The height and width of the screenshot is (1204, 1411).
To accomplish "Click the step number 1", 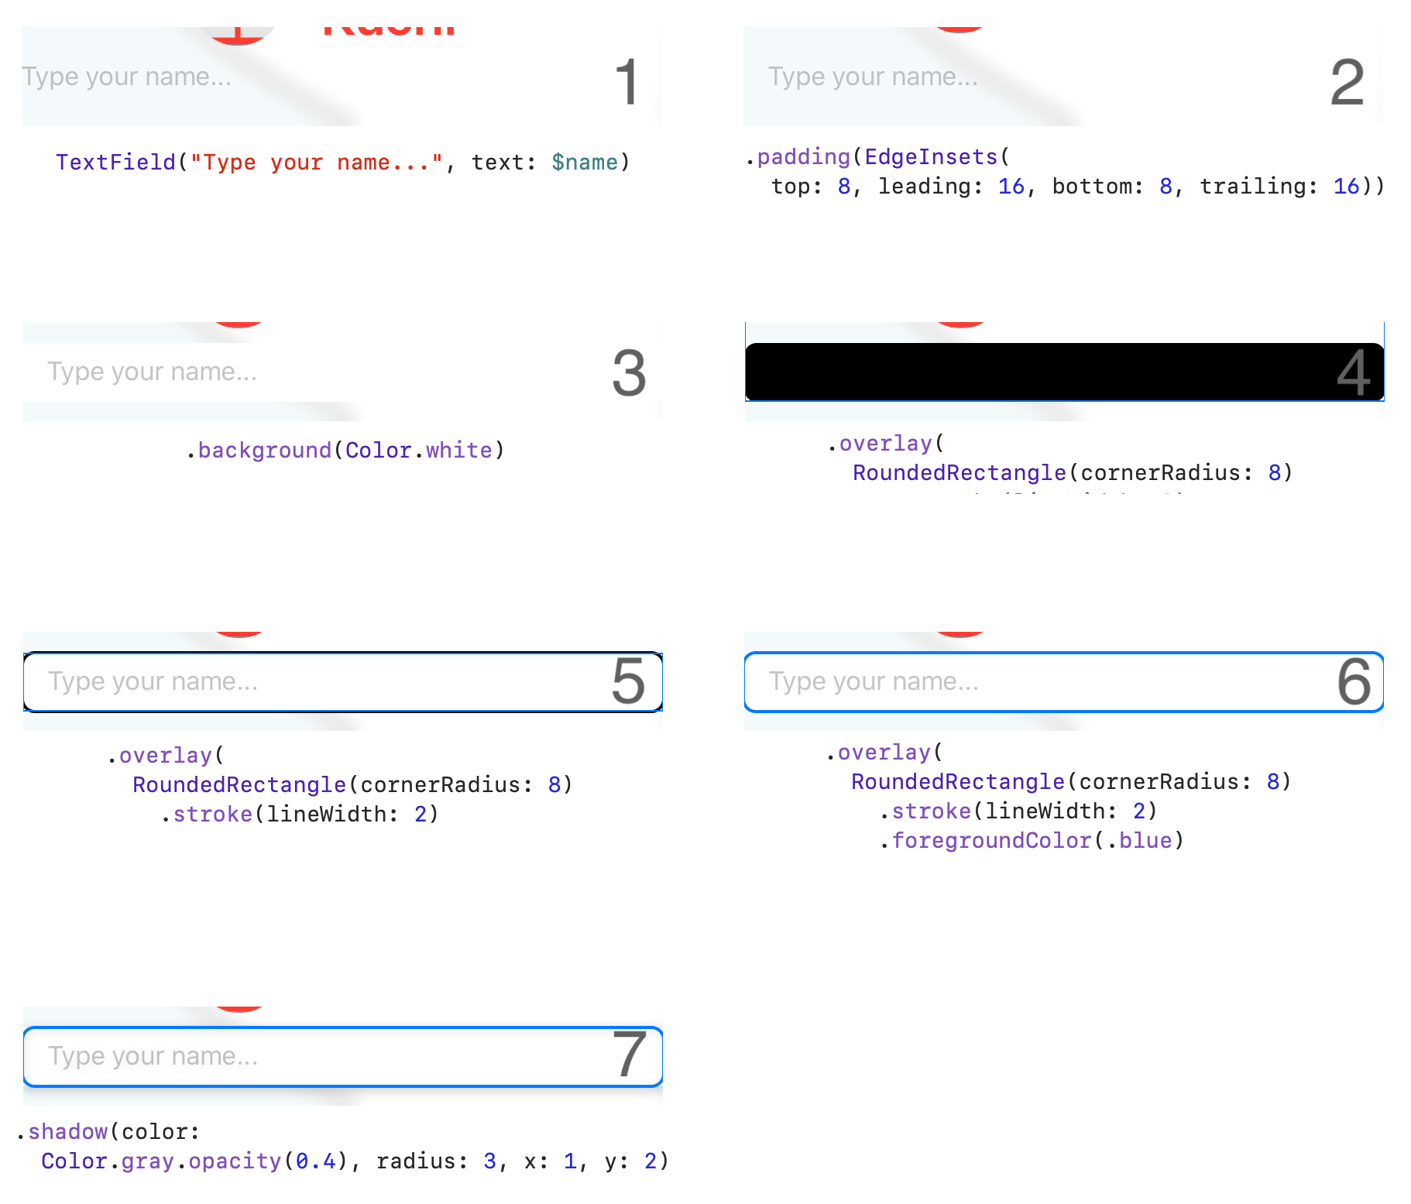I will [x=627, y=82].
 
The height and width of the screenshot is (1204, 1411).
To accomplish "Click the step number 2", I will [x=1347, y=82].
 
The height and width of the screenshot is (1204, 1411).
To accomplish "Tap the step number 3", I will [x=629, y=372].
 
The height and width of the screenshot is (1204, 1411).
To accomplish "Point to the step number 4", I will [x=1353, y=372].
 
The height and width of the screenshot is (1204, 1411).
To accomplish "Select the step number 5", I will [x=628, y=681].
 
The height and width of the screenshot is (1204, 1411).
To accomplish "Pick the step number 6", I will [x=1354, y=681].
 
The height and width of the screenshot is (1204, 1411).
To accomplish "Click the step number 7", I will [x=629, y=1055].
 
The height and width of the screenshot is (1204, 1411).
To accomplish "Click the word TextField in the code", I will [x=115, y=163].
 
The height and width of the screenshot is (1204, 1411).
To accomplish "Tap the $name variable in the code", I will [x=585, y=163].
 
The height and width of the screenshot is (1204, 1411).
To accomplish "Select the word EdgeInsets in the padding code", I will [x=931, y=157].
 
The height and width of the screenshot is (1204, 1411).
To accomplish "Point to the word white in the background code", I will [x=458, y=451].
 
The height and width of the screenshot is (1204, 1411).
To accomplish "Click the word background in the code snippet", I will [x=264, y=451].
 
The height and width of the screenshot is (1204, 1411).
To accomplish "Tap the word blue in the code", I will [x=1145, y=841].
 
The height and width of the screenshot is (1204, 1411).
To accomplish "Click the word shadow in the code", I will [x=67, y=1132].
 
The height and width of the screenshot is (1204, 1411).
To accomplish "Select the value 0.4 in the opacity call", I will [x=316, y=1161].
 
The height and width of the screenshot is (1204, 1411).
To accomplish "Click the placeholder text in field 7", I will [x=153, y=1056].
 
